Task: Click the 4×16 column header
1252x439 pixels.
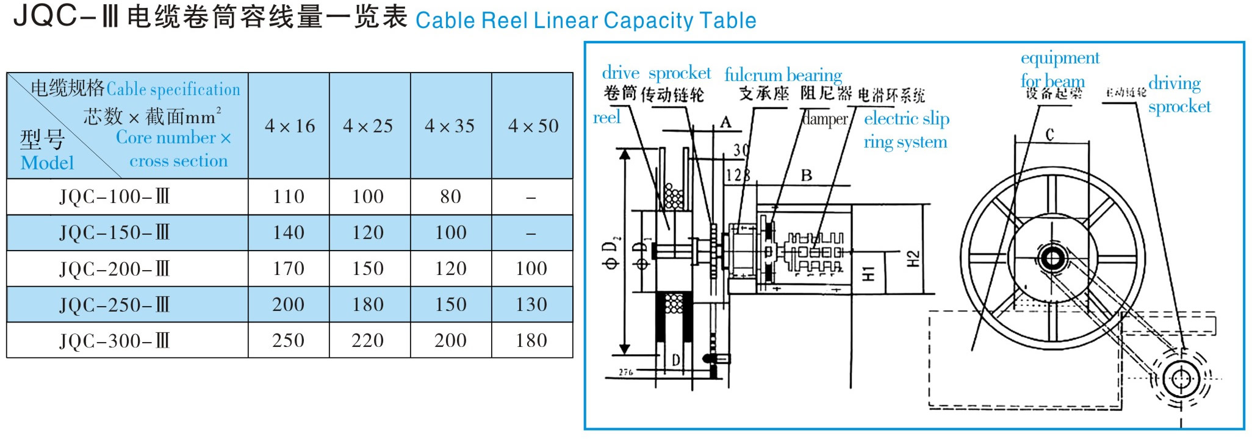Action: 289,126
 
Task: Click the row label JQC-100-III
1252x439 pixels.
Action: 114,196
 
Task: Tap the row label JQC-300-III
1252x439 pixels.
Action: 114,340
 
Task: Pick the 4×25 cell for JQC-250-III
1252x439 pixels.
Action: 368,304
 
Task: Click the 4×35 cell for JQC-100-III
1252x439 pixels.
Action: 450,196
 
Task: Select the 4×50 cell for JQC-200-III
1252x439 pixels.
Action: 531,268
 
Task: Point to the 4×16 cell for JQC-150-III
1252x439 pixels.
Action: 289,232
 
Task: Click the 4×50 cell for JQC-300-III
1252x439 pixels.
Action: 531,340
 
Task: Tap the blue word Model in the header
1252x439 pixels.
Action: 47,163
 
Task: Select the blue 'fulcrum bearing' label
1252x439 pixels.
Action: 783,75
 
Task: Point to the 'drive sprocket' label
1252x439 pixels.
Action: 656,73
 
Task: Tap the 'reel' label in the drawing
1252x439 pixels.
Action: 606,117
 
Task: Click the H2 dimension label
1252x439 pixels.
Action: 913,259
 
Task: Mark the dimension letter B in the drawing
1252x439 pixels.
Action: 806,176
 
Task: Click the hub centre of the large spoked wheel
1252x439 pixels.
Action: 1052,259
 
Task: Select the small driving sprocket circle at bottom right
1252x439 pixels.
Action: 1181,379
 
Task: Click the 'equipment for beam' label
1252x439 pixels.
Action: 1059,70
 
